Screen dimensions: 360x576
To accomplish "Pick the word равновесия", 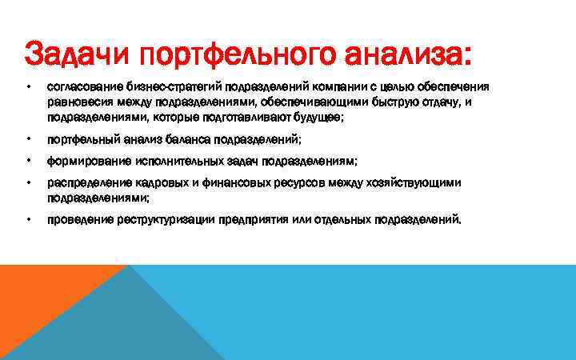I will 78,102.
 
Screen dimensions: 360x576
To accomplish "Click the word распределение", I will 82,183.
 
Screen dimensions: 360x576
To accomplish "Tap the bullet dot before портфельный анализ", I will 28,139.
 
